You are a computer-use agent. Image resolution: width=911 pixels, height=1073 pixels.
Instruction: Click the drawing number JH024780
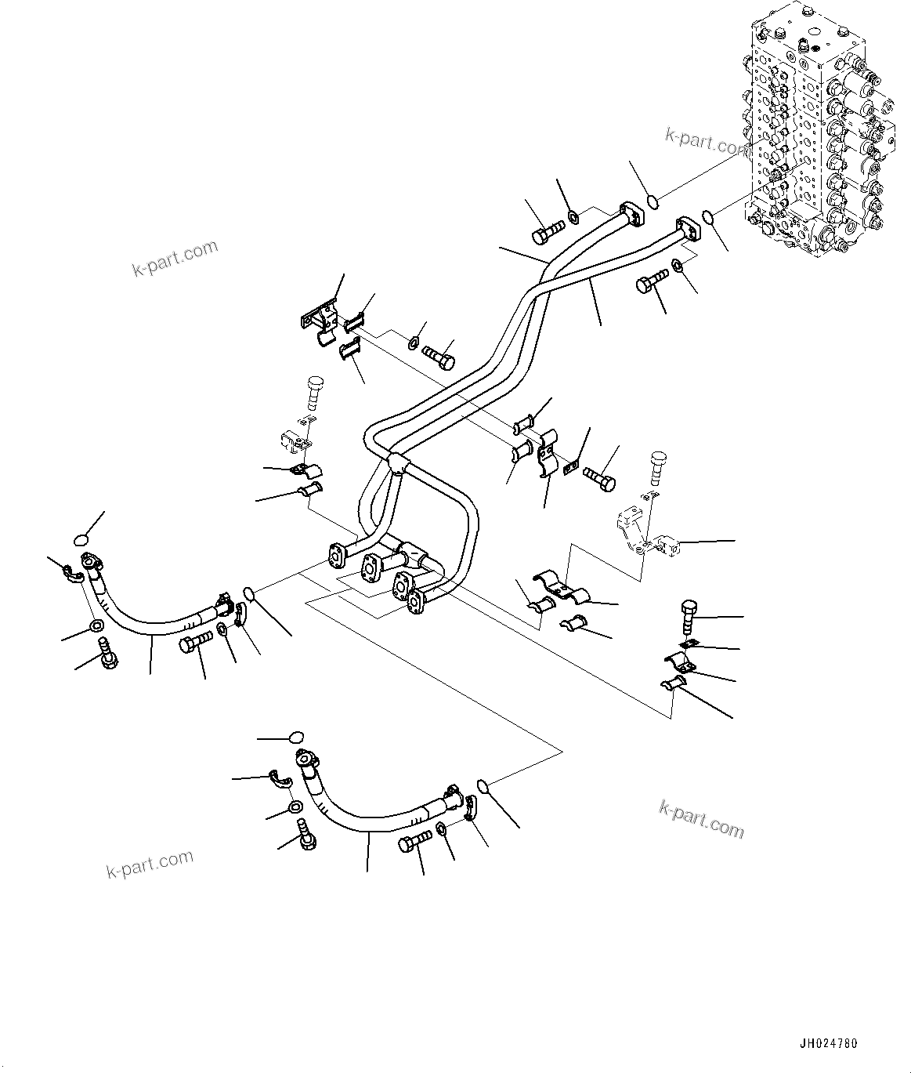click(828, 1044)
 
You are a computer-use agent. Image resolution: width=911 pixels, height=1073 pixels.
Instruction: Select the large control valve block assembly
click(815, 133)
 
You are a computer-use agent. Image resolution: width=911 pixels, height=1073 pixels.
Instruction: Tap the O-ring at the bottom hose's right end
click(484, 786)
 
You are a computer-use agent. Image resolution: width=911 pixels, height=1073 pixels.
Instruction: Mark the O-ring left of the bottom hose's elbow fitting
click(295, 737)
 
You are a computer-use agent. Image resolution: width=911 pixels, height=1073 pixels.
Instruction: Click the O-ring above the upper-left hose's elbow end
click(81, 538)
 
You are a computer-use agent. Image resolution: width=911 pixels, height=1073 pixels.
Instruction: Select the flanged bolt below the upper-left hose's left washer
click(107, 655)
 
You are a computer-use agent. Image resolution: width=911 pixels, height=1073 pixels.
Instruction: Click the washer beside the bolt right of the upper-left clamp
click(413, 343)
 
